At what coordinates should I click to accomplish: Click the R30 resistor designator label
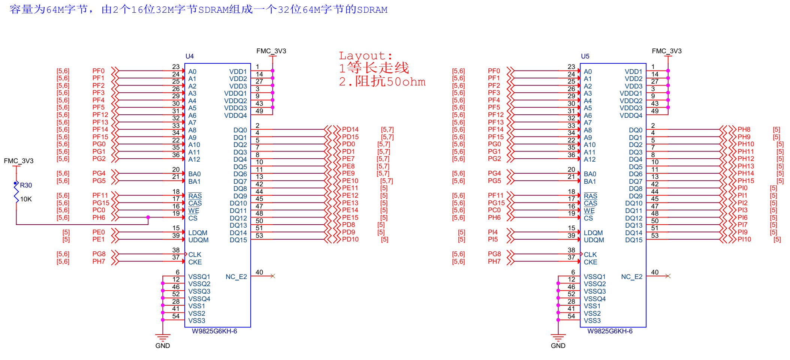click(x=26, y=185)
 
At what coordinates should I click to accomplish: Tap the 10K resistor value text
click(x=26, y=199)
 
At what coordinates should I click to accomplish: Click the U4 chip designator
click(x=190, y=56)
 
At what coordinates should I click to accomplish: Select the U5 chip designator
click(x=585, y=56)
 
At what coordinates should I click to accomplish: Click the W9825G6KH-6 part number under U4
click(x=214, y=331)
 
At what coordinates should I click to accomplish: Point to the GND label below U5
click(x=558, y=346)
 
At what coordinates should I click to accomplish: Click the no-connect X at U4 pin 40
click(x=272, y=276)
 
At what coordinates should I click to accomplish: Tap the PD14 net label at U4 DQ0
click(x=350, y=129)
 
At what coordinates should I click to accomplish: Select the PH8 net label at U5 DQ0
click(x=744, y=129)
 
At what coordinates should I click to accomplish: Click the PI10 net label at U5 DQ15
click(x=744, y=239)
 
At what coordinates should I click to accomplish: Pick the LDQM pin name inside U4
click(x=197, y=233)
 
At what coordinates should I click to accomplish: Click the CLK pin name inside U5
click(x=590, y=255)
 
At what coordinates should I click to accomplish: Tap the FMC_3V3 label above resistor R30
click(x=19, y=161)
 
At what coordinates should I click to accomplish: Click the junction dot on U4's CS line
click(x=148, y=217)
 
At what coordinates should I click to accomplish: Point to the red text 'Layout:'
click(x=365, y=56)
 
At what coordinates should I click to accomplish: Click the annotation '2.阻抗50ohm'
click(x=382, y=82)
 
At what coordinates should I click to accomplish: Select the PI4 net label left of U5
click(x=493, y=232)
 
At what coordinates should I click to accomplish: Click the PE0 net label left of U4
click(x=99, y=232)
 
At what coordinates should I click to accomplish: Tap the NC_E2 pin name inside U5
click(x=631, y=277)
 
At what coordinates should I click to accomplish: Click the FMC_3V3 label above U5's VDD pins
click(x=666, y=51)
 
